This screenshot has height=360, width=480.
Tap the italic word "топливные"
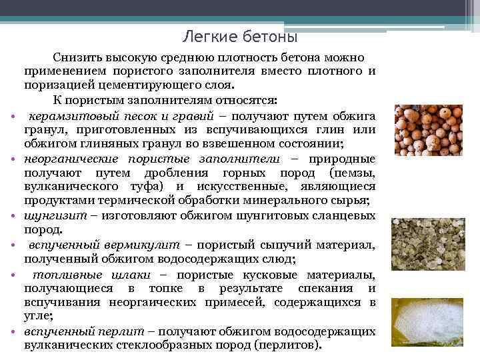tap(69, 275)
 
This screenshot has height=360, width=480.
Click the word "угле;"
tap(39, 317)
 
